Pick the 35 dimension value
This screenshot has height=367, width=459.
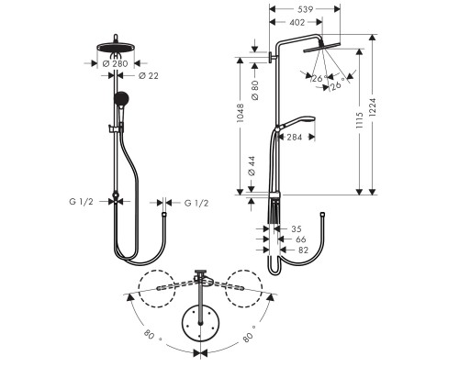pyautogui.click(x=296, y=229)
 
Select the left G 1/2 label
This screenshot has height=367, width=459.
pyautogui.click(x=82, y=202)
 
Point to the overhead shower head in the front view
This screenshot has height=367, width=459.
pyautogui.click(x=116, y=48)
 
